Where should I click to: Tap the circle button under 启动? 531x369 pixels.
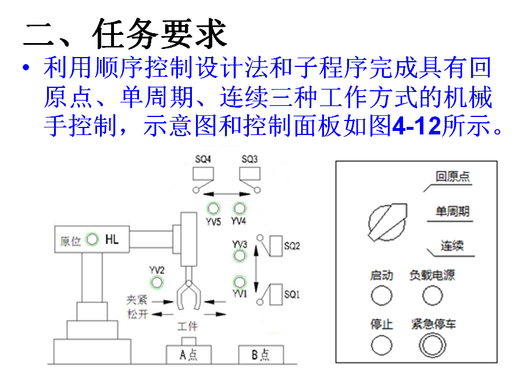click(382, 296)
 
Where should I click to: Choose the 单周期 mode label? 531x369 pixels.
click(452, 212)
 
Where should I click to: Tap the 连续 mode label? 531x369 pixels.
click(452, 246)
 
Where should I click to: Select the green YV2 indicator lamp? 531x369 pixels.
click(156, 283)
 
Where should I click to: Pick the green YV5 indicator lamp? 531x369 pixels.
click(214, 208)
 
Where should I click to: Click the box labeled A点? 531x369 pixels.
click(190, 354)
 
